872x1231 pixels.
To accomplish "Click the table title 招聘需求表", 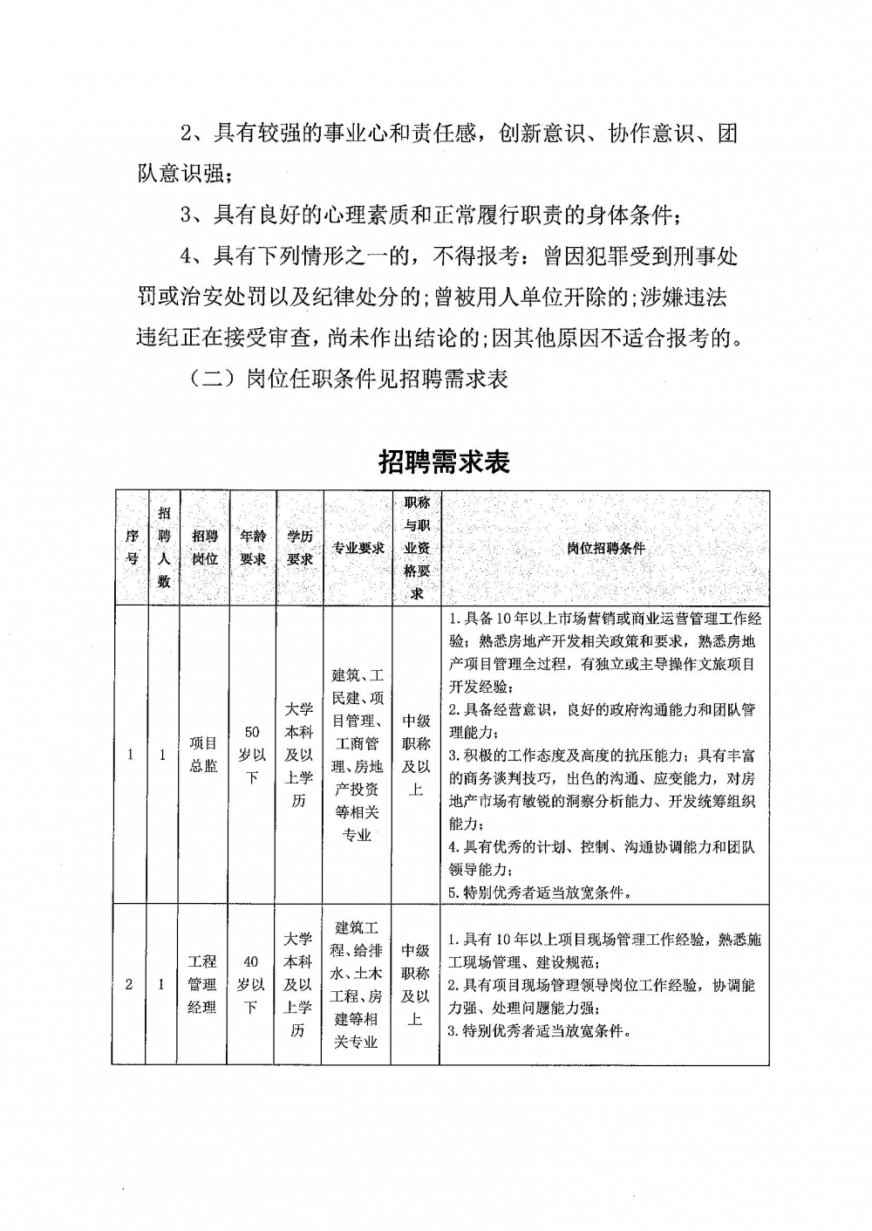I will (x=444, y=462).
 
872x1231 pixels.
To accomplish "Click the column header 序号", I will (x=131, y=548).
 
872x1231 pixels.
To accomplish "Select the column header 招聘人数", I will (x=163, y=548).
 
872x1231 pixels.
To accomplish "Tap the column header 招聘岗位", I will (x=204, y=548).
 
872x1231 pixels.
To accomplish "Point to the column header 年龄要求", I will (x=252, y=548).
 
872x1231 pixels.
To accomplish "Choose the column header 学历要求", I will (x=299, y=548).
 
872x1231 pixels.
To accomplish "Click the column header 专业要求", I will (x=358, y=548).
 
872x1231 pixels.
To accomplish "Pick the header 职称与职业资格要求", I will (x=416, y=548).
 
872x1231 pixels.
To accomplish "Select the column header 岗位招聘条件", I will (x=605, y=548).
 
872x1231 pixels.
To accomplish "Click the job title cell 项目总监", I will (x=204, y=755).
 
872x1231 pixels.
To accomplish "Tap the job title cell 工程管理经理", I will (x=203, y=984).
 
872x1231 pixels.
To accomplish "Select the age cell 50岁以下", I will (x=252, y=755).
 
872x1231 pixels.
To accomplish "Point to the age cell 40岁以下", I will (x=251, y=984).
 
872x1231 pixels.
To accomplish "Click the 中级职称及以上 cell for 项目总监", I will (x=416, y=755).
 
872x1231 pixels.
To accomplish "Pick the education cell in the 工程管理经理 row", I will (x=298, y=984).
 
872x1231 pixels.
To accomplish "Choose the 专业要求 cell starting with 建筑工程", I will (x=358, y=984).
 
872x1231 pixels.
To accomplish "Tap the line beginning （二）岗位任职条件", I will (x=347, y=380).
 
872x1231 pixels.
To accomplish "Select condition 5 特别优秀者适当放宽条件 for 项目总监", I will (x=540, y=892).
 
